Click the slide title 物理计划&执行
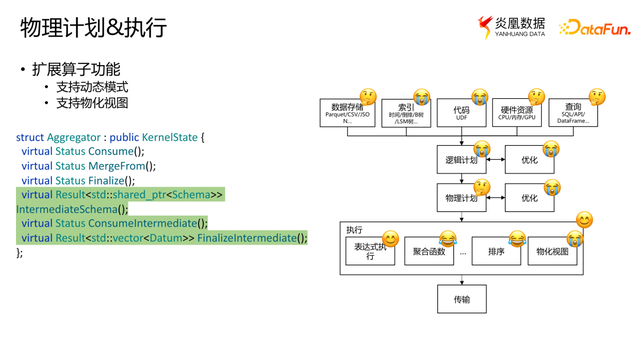pyautogui.click(x=93, y=28)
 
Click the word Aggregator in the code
pyautogui.click(x=74, y=136)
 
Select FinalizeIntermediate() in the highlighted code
pyautogui.click(x=251, y=237)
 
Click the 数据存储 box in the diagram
pyautogui.click(x=347, y=113)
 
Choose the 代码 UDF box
pyautogui.click(x=461, y=113)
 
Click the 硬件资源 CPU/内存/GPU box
pyautogui.click(x=517, y=113)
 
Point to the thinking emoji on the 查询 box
pyautogui.click(x=597, y=97)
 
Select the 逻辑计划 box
pyautogui.click(x=461, y=160)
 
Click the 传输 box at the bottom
pyautogui.click(x=461, y=298)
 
